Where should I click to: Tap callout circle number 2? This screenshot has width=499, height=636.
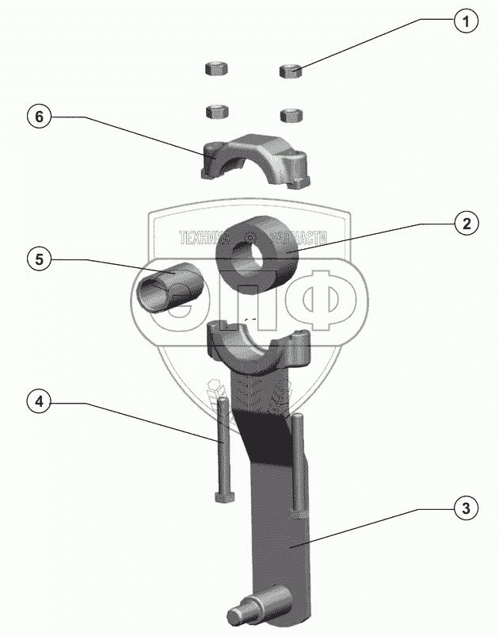(467, 224)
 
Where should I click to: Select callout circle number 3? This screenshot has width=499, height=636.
(467, 508)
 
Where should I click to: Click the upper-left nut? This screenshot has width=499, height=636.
(215, 69)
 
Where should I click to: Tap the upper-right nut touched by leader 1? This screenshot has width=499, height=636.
(291, 71)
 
